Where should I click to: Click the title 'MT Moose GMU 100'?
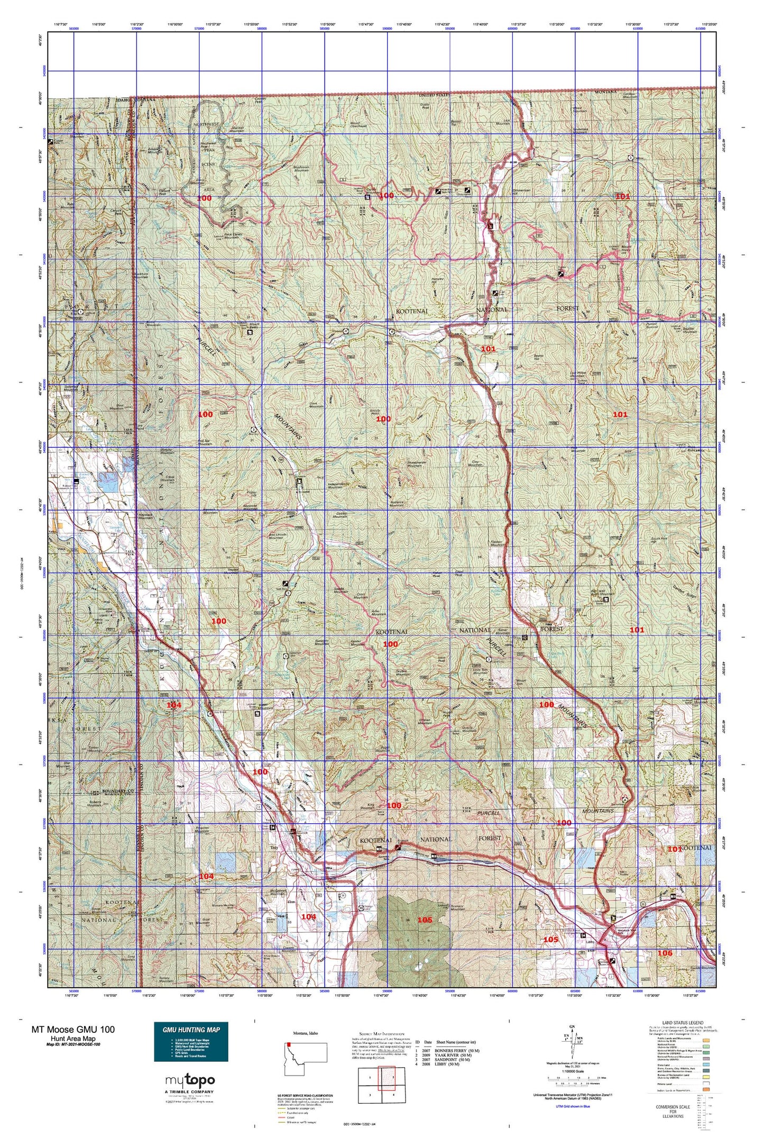click(x=73, y=1029)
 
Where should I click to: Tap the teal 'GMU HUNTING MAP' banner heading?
click(x=191, y=1030)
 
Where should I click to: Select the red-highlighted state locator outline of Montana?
click(x=306, y=1059)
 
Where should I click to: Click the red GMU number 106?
click(x=665, y=953)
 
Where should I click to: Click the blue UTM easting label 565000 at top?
click(x=74, y=29)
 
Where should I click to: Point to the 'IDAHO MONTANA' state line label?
click(x=136, y=99)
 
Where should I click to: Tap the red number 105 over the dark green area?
click(x=425, y=920)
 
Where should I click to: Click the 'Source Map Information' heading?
click(x=381, y=1033)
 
